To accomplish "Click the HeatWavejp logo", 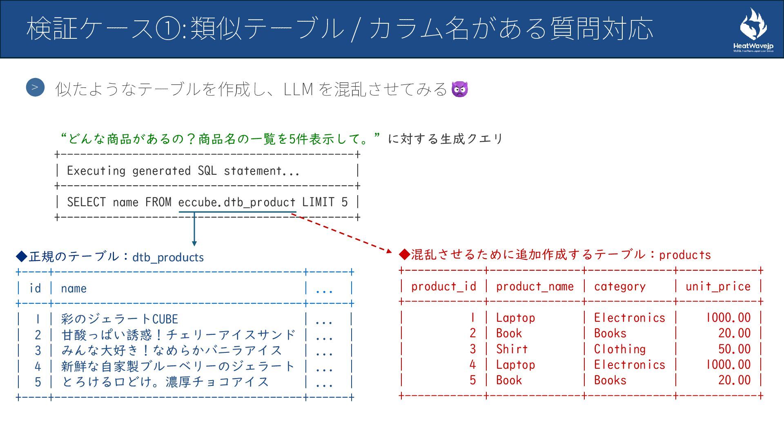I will tap(753, 31).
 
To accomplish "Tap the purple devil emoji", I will tap(460, 89).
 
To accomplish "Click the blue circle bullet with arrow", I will tap(35, 87).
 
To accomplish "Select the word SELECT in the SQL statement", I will tap(86, 202).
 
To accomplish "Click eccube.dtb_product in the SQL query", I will tap(237, 202).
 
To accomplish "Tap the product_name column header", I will tap(535, 287).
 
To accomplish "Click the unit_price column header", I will tap(718, 287).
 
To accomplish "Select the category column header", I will tap(619, 287).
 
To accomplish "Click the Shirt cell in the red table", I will tap(512, 349).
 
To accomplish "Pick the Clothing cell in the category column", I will tap(619, 349).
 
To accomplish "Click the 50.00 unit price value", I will tap(734, 349).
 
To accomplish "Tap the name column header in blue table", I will tap(73, 289).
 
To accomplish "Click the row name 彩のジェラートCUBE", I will tap(120, 319).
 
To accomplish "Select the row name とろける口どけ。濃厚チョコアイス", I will tap(165, 382).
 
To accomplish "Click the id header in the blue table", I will tap(35, 289).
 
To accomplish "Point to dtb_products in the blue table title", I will tap(168, 257).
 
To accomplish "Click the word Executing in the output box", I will tap(96, 171).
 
